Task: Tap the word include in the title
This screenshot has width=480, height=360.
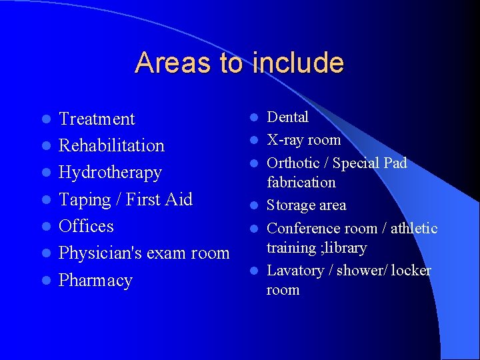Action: pyautogui.click(x=298, y=63)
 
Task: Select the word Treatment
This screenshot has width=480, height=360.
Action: pyautogui.click(x=97, y=119)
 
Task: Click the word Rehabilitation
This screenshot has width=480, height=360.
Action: pyautogui.click(x=111, y=145)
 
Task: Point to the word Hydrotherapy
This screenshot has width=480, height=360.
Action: pyautogui.click(x=110, y=173)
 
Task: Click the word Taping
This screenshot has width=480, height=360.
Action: pyautogui.click(x=85, y=200)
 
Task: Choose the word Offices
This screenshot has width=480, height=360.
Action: pyautogui.click(x=86, y=226)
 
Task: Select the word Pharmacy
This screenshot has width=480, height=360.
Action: pyautogui.click(x=95, y=281)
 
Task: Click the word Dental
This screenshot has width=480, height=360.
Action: pyautogui.click(x=287, y=117)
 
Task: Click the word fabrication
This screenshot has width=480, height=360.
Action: pyautogui.click(x=301, y=182)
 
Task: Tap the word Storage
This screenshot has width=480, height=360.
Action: pyautogui.click(x=289, y=205)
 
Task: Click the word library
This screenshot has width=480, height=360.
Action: pyautogui.click(x=346, y=247)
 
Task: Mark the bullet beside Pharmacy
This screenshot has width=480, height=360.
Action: pyautogui.click(x=45, y=281)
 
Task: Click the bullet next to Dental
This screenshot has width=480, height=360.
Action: pyautogui.click(x=254, y=117)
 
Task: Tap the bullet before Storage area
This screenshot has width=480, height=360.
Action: pyautogui.click(x=254, y=205)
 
